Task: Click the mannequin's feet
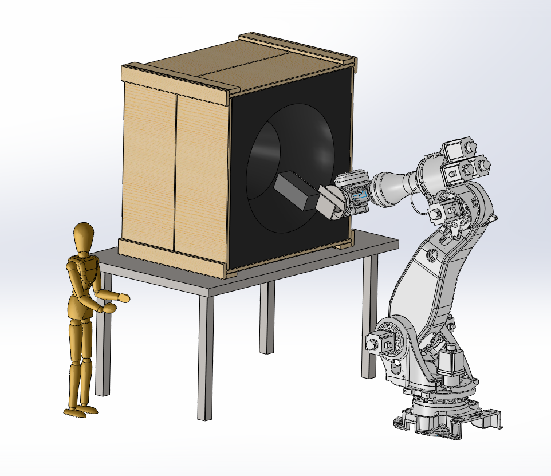pos(80,410)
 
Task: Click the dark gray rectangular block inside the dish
pos(296,192)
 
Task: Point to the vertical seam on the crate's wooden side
pos(174,172)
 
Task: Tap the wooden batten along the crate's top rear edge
pos(298,49)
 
